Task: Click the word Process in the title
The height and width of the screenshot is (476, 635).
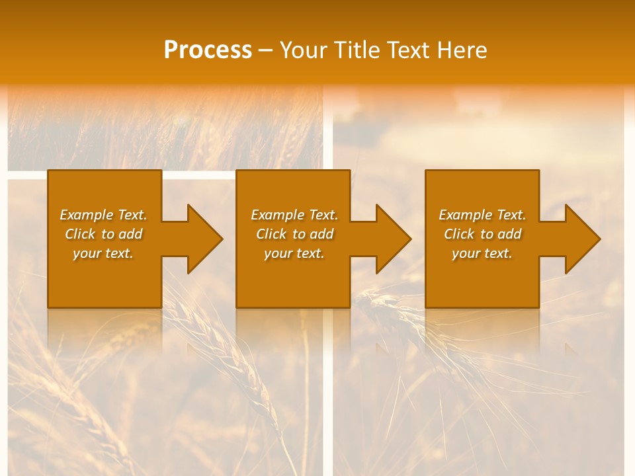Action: click(208, 50)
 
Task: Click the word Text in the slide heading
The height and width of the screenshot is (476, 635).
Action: click(409, 50)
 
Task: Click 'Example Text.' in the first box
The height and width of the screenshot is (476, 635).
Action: click(103, 215)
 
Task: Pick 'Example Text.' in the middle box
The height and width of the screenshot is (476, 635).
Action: click(294, 215)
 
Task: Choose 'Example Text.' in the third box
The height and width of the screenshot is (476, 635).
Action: click(482, 215)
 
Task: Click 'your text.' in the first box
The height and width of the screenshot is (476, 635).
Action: click(103, 253)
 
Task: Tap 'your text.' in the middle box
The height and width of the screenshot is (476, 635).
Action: click(294, 253)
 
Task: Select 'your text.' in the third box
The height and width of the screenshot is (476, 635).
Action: click(482, 253)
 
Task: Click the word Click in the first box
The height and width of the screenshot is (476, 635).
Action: click(80, 234)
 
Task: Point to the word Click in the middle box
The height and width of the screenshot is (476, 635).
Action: click(271, 234)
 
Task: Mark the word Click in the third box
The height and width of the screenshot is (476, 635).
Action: click(459, 234)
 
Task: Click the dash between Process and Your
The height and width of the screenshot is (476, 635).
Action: click(265, 50)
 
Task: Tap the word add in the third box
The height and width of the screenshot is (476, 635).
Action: click(509, 234)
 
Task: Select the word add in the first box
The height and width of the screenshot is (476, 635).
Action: click(130, 234)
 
